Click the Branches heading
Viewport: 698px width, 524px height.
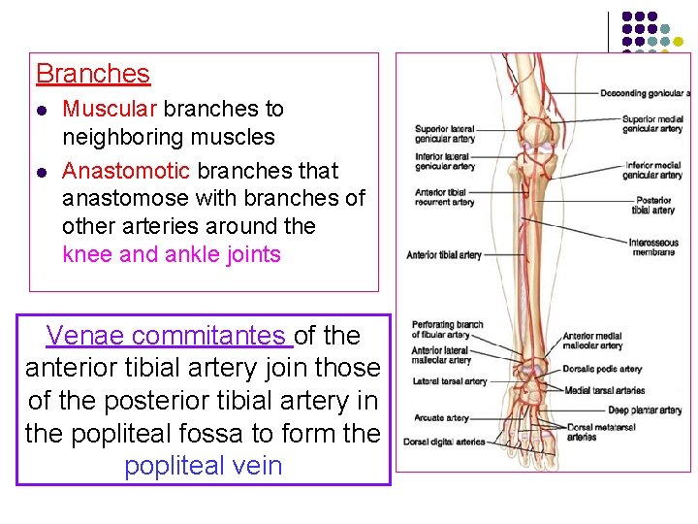(93, 74)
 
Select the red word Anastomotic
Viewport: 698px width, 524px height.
(126, 171)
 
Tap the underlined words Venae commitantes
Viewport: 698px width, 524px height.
(168, 336)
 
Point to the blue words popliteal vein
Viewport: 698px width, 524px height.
(203, 466)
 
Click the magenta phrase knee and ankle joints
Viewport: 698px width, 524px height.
(172, 255)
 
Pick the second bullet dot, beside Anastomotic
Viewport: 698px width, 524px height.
(40, 172)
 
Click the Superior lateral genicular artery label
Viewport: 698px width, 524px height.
(444, 134)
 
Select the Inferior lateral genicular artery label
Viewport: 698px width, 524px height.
(443, 161)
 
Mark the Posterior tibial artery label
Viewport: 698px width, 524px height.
(652, 205)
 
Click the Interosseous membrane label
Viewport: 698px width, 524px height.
(652, 246)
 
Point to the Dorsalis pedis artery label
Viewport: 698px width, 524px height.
(602, 369)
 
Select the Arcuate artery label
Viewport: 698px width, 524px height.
(440, 418)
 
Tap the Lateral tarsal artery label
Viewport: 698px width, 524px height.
(449, 381)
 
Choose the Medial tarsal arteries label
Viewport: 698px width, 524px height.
(604, 390)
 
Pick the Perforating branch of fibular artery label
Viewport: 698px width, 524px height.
(447, 330)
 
